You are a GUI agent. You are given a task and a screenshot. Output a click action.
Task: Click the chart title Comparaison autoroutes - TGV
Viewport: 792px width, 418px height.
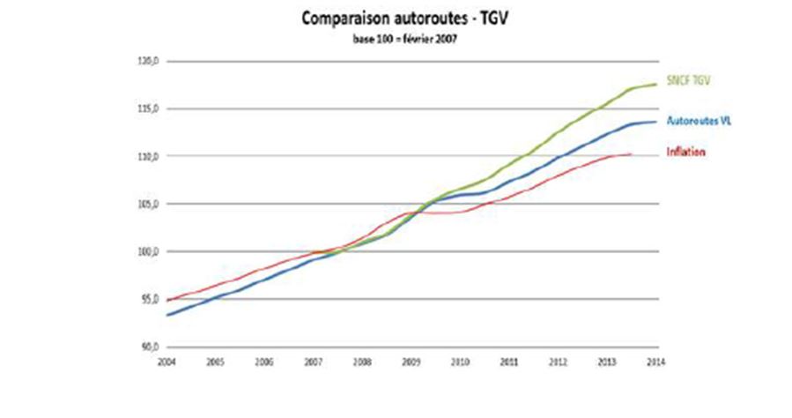pos(396,19)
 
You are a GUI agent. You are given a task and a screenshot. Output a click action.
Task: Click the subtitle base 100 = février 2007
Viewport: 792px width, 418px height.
pos(396,39)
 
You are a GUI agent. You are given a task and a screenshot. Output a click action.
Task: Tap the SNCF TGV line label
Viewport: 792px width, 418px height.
pos(688,81)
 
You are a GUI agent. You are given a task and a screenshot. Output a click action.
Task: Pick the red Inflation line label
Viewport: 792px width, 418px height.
pos(686,152)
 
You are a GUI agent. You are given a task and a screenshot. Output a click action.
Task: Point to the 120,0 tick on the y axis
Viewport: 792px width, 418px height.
pos(147,62)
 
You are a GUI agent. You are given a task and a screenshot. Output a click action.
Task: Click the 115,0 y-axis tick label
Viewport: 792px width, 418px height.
pos(147,109)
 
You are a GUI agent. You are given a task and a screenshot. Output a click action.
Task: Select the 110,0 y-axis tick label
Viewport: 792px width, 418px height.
pos(147,157)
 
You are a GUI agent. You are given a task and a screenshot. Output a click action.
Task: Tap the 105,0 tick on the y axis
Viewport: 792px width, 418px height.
pos(147,205)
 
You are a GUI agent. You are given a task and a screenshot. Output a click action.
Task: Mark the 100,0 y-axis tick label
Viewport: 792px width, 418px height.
pos(147,252)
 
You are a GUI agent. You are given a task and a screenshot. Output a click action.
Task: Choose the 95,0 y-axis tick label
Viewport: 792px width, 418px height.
pos(147,300)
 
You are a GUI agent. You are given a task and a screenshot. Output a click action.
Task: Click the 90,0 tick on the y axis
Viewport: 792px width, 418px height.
pos(147,347)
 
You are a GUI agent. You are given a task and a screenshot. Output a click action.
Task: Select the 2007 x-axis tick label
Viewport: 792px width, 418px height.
pos(312,362)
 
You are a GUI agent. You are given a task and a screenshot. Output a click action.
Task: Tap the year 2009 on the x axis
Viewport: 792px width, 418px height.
pos(410,362)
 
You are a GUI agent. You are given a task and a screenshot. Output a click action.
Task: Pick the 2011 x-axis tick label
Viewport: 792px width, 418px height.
pos(507,362)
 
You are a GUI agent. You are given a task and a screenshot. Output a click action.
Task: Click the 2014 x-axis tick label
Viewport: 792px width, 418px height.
pos(654,362)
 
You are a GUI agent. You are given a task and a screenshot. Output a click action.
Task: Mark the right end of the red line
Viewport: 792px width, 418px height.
pos(632,154)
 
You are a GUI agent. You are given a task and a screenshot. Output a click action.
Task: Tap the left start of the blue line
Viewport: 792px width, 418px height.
pos(166,315)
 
